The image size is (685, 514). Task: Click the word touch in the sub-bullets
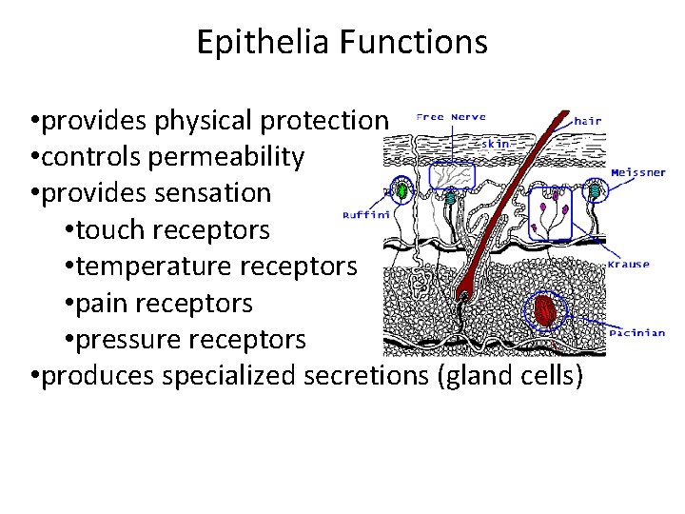[x=112, y=229]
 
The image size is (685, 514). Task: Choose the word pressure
[x=127, y=339]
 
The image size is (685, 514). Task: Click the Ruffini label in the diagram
[x=365, y=216]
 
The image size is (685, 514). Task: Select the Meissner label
[x=638, y=171]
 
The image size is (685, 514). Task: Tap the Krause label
[x=630, y=265]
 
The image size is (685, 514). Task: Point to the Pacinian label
[x=637, y=333]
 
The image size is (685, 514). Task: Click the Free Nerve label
[x=451, y=117]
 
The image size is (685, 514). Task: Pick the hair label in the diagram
[x=588, y=121]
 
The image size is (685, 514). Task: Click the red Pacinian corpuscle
[x=545, y=310]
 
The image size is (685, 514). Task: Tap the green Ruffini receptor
[x=401, y=191]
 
